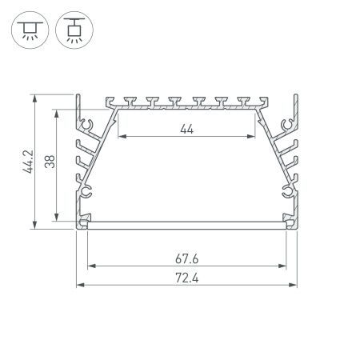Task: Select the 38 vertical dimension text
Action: pos(50,162)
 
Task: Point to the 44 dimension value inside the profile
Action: pos(186,128)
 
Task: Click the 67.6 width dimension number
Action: pos(186,258)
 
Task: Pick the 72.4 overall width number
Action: pos(186,278)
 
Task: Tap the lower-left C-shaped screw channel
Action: pos(87,192)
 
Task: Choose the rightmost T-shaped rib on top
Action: pos(243,101)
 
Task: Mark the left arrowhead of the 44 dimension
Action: pos(121,136)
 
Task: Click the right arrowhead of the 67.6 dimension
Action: pos(283,265)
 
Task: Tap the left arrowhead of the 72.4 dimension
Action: pos(79,285)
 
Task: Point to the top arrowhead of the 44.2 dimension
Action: pos(35,98)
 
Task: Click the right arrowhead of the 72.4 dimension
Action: pos(294,285)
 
